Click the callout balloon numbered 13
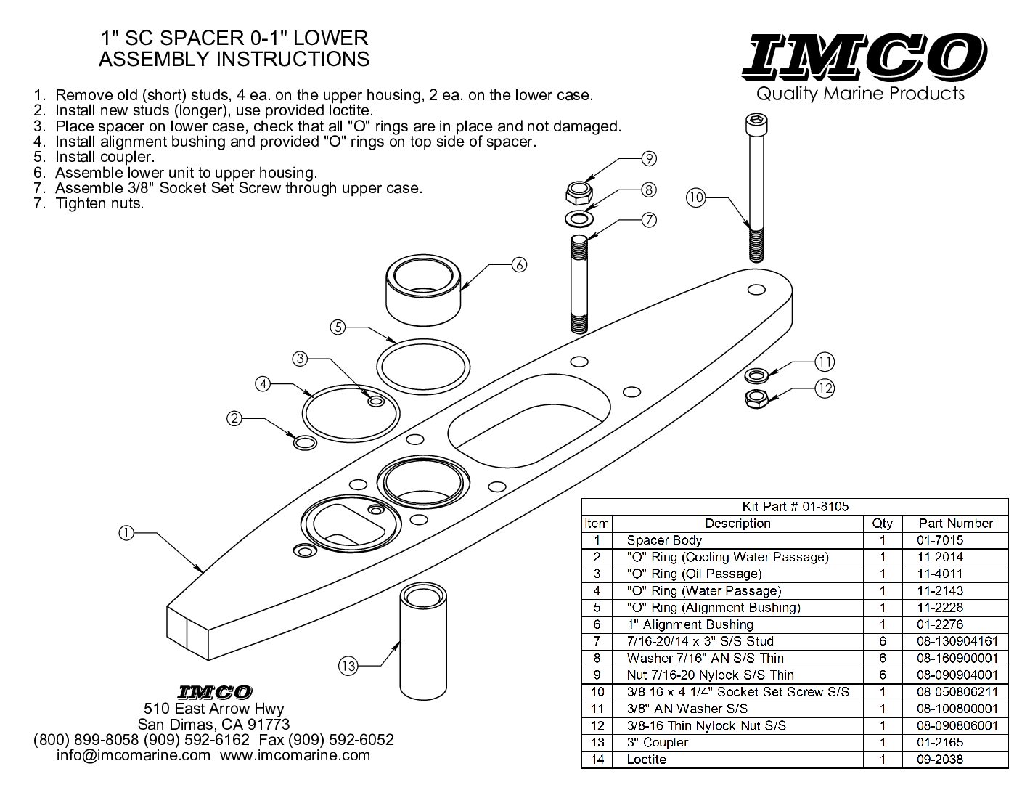tap(348, 665)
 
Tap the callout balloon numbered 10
tap(696, 197)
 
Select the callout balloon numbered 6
tap(518, 265)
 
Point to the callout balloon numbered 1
tap(126, 534)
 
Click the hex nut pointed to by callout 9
tap(576, 192)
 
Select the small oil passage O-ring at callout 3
tap(376, 401)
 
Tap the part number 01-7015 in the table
tap(941, 540)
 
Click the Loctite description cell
tap(646, 760)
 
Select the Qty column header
tap(883, 524)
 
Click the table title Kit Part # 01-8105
tap(795, 507)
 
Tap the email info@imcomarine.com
tap(134, 755)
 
